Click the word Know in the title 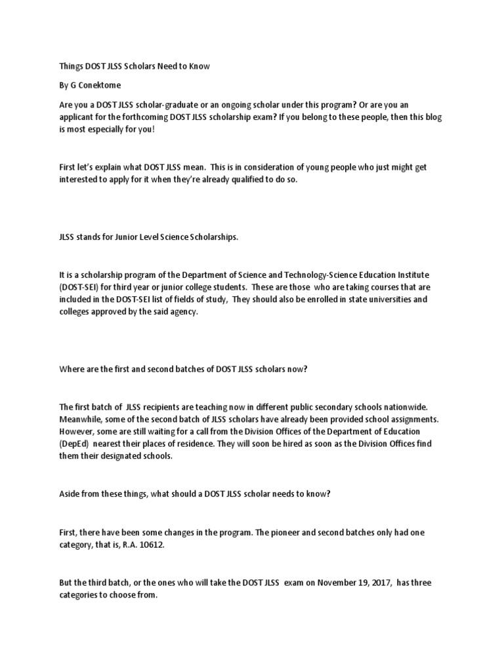click(x=199, y=67)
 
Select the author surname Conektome click(x=102, y=86)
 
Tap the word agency click(x=183, y=313)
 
